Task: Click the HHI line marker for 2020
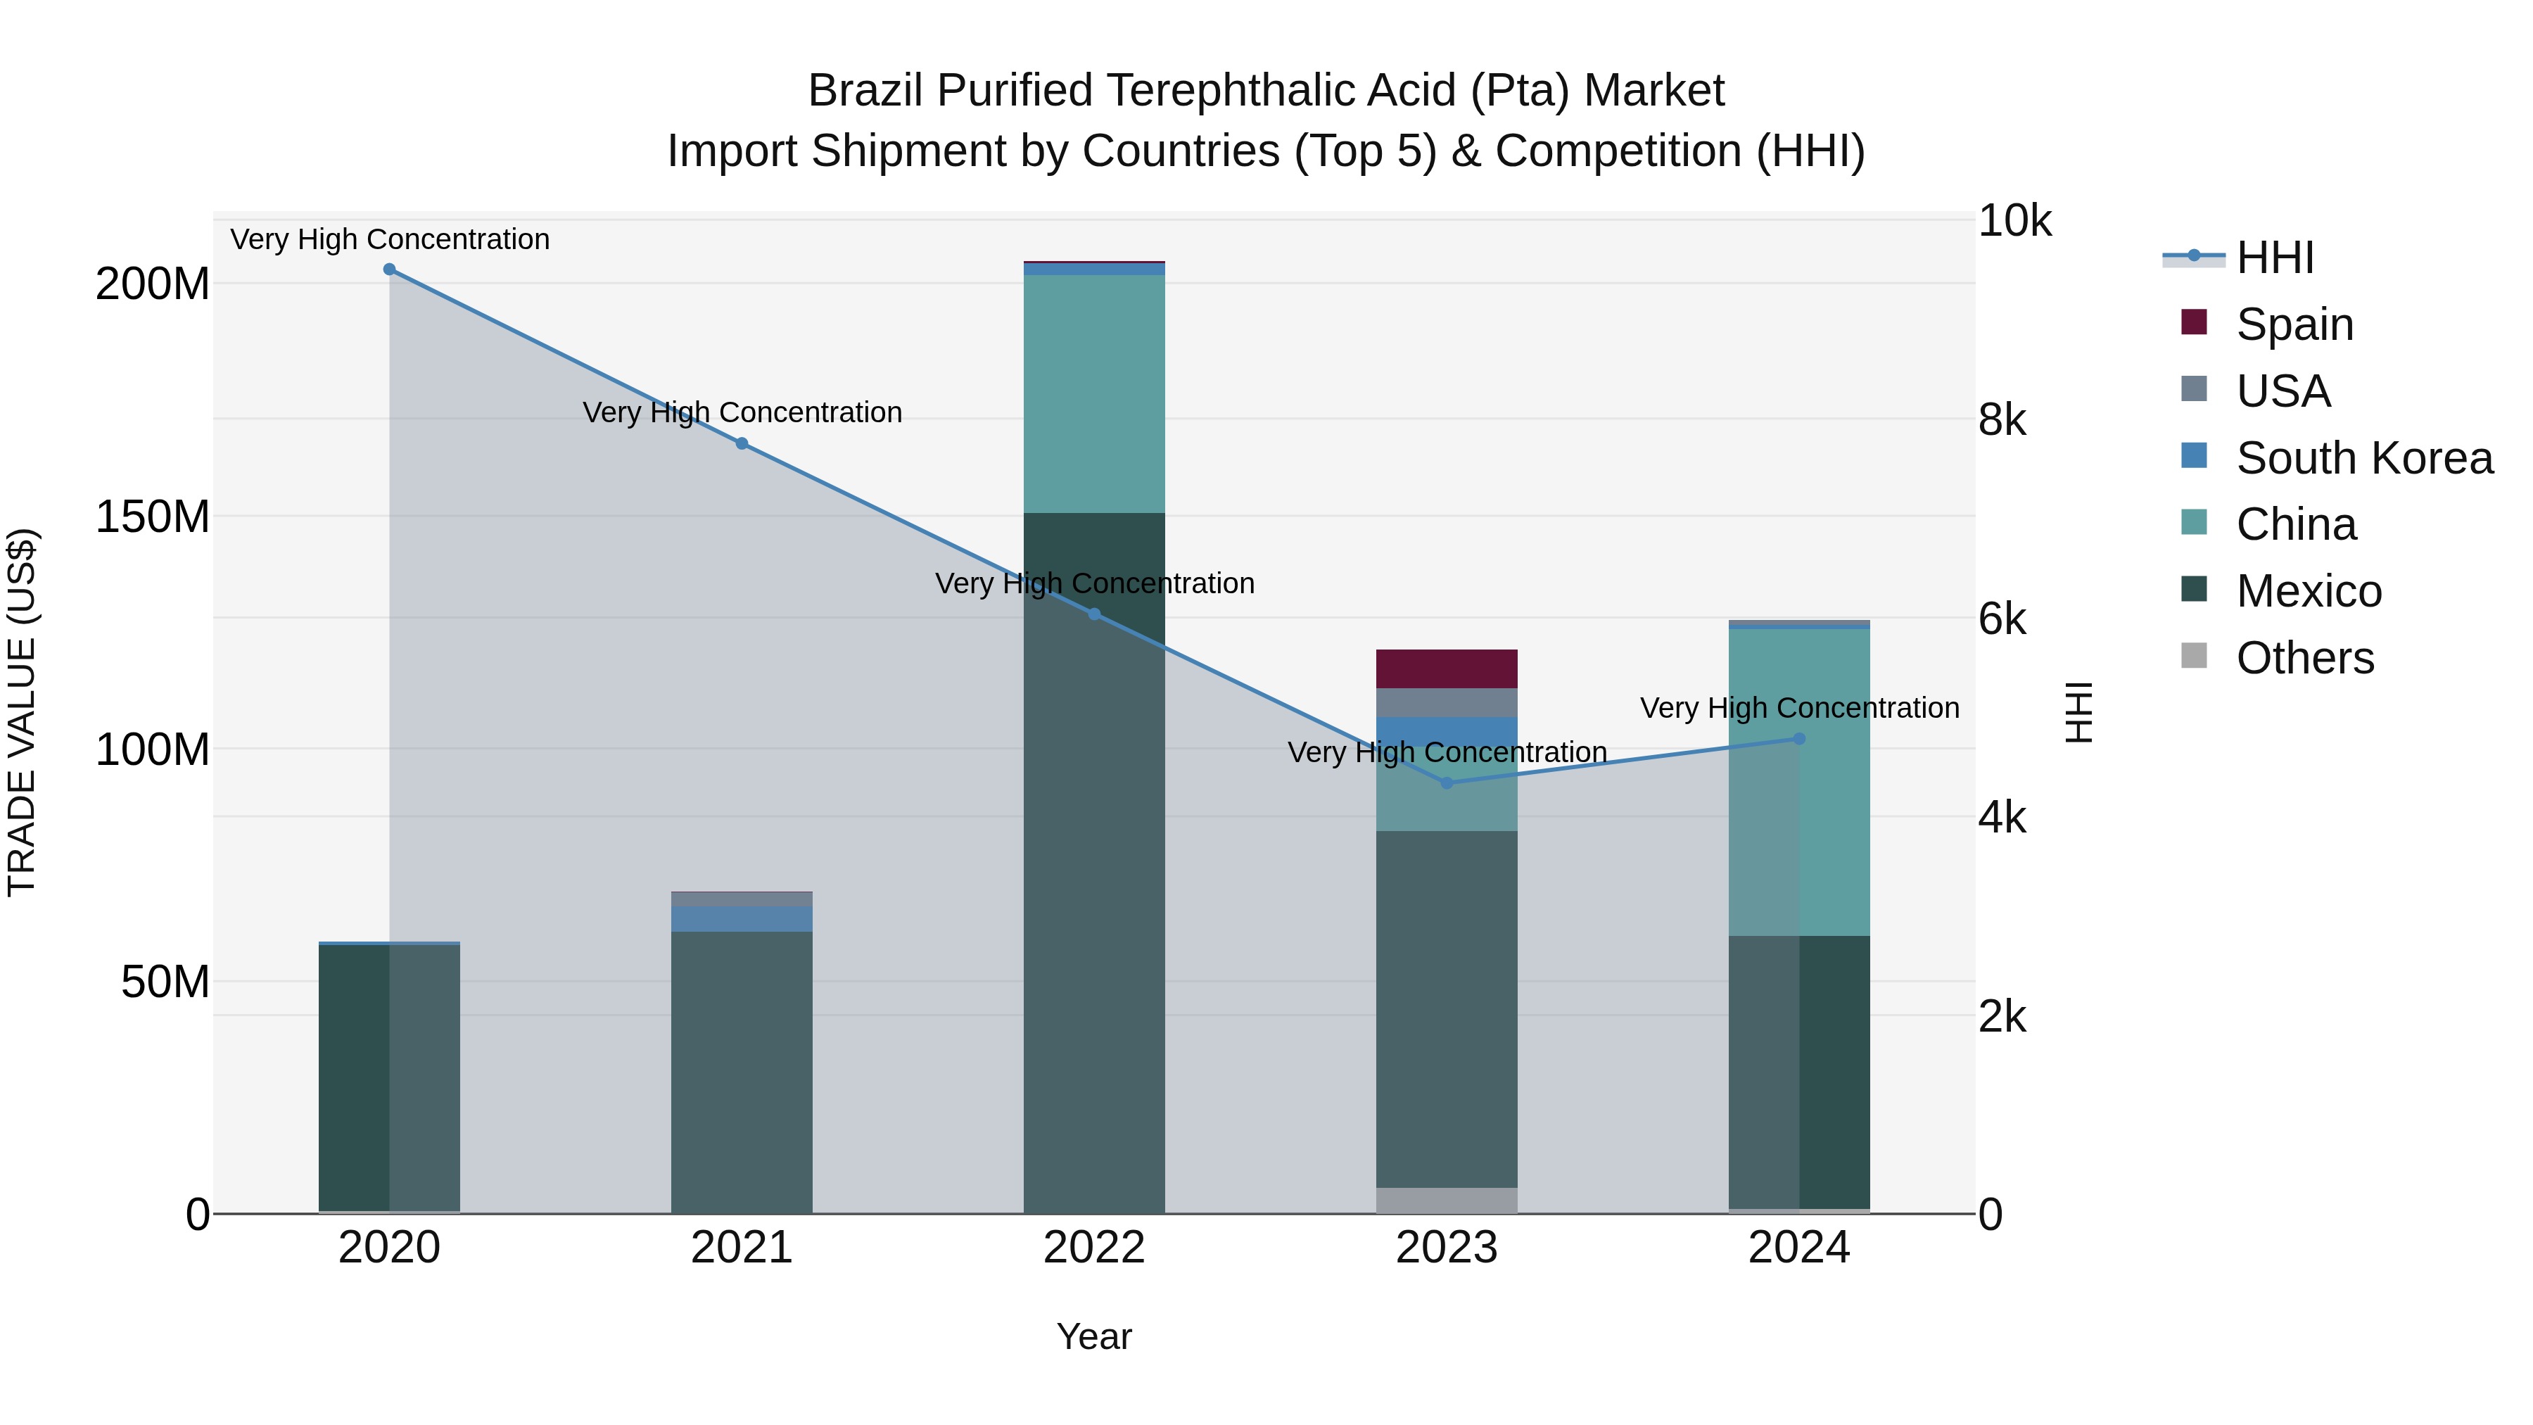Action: [389, 270]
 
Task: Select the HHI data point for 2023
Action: [1447, 783]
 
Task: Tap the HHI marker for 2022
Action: [1094, 614]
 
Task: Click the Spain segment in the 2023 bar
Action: [1447, 669]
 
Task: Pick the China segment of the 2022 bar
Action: [1094, 393]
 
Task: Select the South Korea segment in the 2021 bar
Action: [742, 918]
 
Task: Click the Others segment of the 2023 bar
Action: [1447, 1200]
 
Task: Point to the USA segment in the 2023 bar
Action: [1447, 702]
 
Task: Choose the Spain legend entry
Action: [2294, 324]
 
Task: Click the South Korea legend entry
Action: [2364, 458]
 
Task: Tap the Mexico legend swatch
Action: [2194, 590]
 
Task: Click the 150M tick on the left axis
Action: [153, 517]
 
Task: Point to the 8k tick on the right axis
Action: [2002, 420]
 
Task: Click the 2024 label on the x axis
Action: [1798, 1248]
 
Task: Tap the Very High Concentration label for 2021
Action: [742, 412]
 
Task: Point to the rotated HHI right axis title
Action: [2078, 712]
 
